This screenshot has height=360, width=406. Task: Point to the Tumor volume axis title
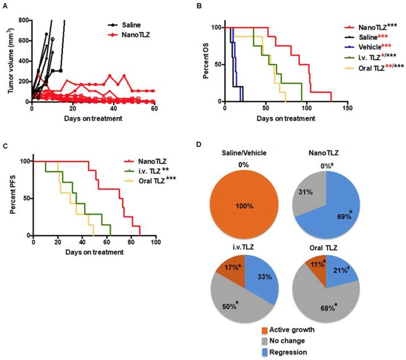8,60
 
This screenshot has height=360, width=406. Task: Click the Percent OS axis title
213,64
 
